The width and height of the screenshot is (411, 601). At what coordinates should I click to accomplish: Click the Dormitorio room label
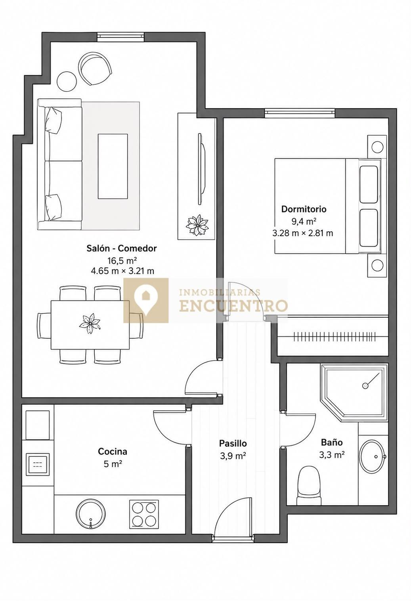point(304,209)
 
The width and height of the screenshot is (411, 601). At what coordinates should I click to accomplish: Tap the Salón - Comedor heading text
point(121,248)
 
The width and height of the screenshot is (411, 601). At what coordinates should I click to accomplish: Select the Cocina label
point(113,451)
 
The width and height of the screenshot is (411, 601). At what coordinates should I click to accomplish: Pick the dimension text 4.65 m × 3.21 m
point(123,271)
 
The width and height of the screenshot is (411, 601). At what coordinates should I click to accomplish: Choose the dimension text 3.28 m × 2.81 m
point(303,233)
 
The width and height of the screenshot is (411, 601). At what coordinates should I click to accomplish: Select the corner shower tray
point(354,393)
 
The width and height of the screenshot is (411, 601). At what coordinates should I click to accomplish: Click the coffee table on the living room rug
point(113,166)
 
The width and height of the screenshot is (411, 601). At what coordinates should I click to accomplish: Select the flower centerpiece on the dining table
point(90,324)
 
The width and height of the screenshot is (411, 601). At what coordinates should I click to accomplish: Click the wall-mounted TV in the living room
point(202,169)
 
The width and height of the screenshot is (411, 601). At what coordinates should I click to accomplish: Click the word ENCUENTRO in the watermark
point(233,306)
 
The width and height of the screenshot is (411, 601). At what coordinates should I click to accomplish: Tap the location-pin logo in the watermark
point(146,300)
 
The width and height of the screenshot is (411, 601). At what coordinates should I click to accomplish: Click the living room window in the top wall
point(120,37)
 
